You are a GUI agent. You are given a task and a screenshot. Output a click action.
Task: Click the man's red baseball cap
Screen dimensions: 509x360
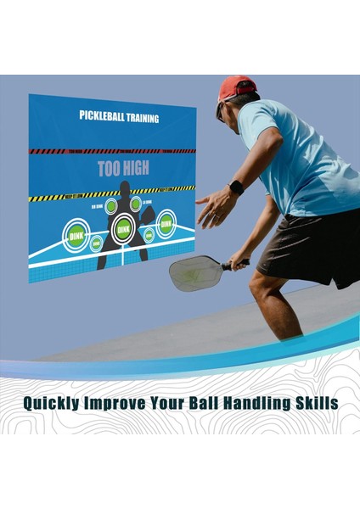(237, 87)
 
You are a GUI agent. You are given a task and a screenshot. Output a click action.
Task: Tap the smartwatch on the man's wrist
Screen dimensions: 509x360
(236, 187)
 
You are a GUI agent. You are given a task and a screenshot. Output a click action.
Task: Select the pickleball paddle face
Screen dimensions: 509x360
(194, 273)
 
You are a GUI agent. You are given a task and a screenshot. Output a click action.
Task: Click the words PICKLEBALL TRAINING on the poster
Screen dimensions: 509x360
(119, 116)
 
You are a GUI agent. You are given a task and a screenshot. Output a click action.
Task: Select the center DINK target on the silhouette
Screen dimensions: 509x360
(124, 227)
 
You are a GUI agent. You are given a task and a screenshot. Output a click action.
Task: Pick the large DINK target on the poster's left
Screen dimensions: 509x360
(76, 234)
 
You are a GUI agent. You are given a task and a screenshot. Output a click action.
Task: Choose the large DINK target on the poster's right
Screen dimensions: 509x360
(166, 223)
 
